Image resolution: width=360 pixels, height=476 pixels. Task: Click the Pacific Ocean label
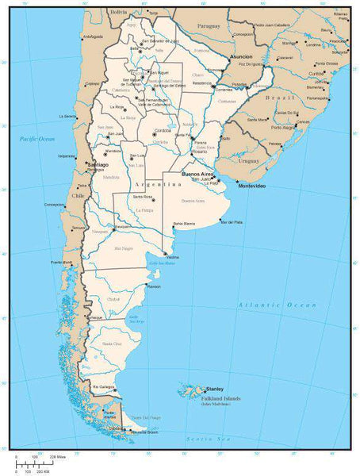[37, 138]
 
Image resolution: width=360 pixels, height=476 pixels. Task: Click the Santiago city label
[98, 164]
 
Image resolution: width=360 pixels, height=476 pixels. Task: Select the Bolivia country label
[119, 13]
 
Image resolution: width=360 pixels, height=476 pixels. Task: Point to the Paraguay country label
[209, 26]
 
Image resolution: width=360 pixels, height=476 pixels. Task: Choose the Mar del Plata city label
[232, 222]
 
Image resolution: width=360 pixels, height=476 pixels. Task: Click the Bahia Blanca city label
[183, 226]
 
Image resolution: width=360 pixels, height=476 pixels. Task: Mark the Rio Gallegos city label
[105, 386]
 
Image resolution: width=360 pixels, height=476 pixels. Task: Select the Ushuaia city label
[116, 428]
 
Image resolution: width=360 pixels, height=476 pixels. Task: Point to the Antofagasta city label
[93, 36]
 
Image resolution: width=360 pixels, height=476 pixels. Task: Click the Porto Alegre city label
[283, 127]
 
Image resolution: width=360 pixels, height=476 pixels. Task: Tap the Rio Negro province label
[124, 248]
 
